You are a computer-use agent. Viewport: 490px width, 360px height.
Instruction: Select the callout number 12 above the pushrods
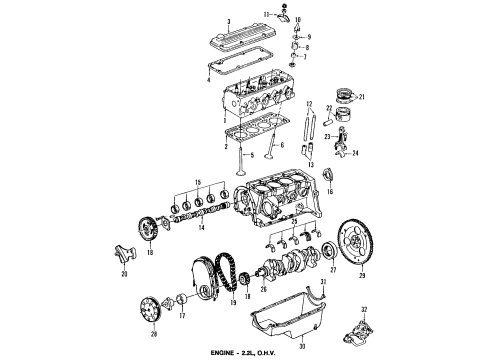tap(311, 105)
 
